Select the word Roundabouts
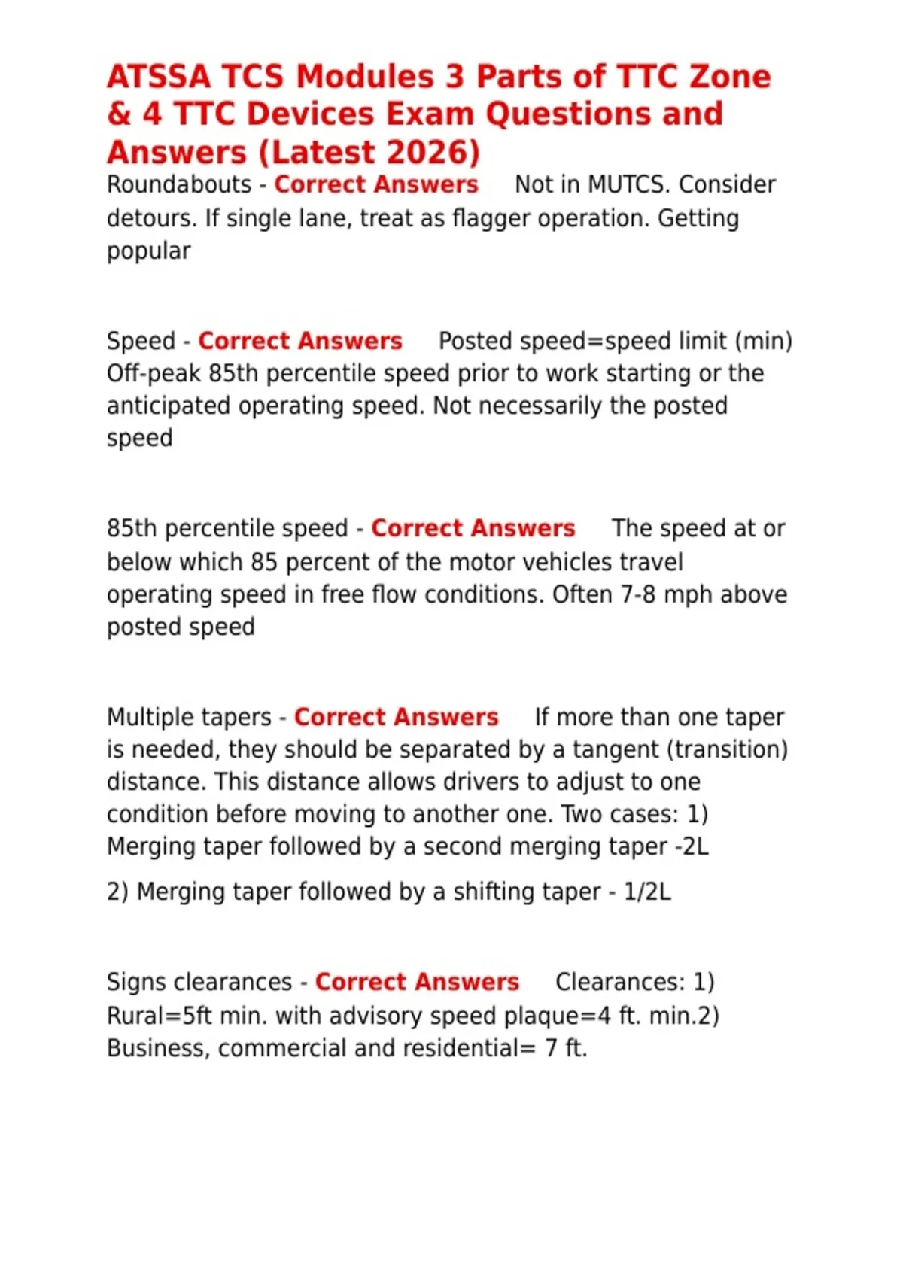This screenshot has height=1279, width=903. pos(179,185)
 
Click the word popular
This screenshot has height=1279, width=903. pos(149,251)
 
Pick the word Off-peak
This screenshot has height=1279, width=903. pos(154,374)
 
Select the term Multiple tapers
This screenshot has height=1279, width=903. pos(189,718)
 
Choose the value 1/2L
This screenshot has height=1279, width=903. pos(647,892)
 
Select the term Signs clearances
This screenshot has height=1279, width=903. pos(199,983)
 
